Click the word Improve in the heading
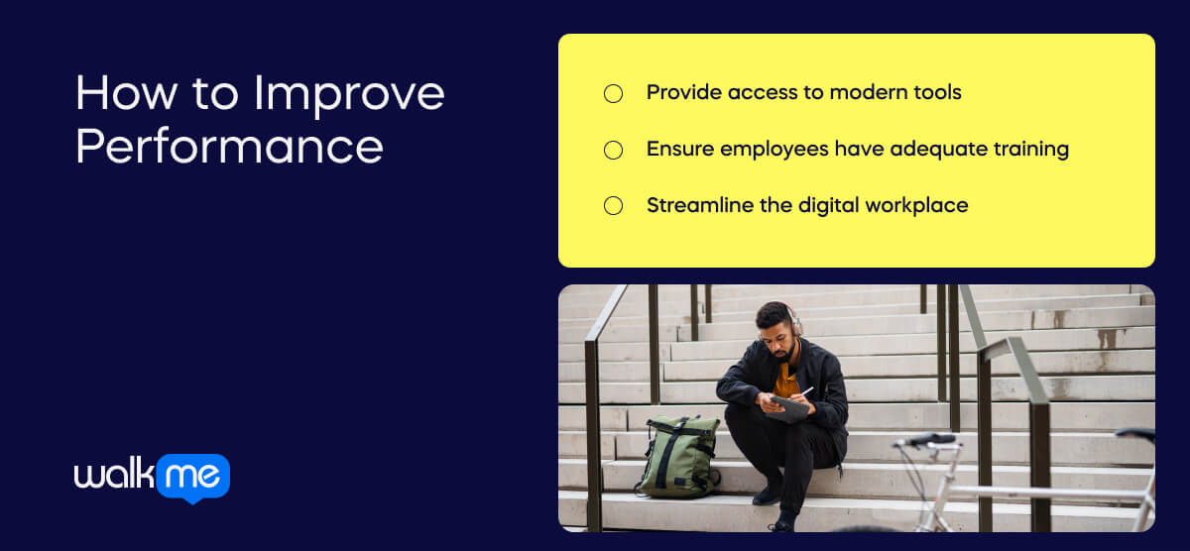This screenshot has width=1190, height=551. (349, 95)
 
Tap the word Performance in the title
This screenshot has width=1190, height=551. (229, 146)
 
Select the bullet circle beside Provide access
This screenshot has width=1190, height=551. (613, 93)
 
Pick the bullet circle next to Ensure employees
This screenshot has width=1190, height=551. (613, 151)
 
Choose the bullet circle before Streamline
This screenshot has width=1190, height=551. (613, 206)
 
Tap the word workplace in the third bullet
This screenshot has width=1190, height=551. (916, 206)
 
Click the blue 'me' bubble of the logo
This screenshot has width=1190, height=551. (192, 476)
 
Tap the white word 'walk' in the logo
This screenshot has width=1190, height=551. (114, 474)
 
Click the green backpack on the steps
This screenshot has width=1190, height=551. (677, 457)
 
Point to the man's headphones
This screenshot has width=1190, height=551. (793, 320)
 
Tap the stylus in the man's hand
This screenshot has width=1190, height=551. (807, 391)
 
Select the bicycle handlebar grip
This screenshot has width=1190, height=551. (933, 439)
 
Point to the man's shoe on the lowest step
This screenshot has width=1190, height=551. (780, 523)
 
